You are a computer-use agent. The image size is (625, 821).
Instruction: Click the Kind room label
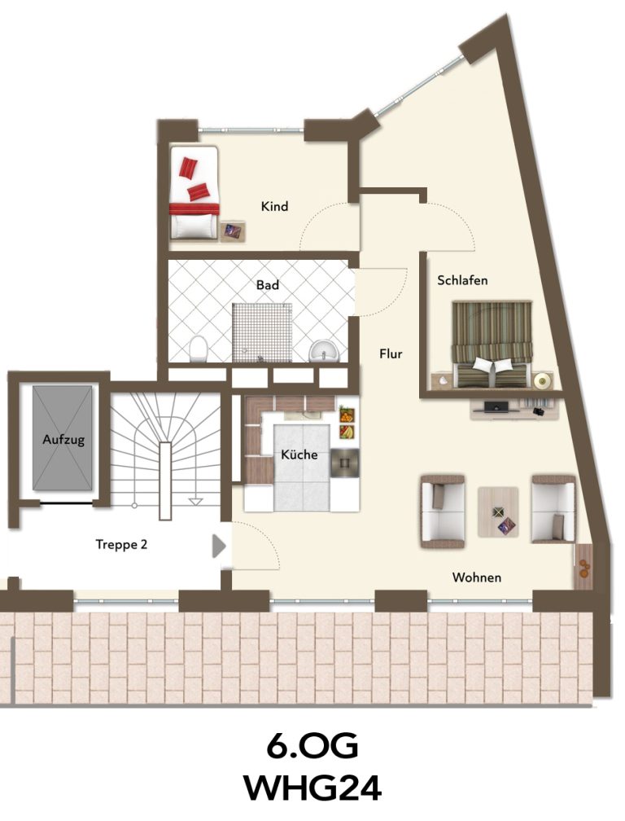(274, 206)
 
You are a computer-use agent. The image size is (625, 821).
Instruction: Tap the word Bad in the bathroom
(267, 285)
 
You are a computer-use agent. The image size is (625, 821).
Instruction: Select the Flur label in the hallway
(391, 354)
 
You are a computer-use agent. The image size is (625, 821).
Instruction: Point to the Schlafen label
(462, 280)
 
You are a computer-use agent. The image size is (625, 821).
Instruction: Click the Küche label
(299, 454)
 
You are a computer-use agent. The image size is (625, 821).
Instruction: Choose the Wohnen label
(476, 577)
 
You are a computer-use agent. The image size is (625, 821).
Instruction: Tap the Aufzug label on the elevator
(63, 440)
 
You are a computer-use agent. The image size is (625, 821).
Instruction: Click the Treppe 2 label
(121, 545)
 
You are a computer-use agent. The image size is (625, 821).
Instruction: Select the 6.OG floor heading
(312, 746)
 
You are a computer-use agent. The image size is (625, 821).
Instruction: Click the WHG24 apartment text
(312, 788)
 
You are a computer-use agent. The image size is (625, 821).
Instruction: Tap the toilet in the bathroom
(199, 349)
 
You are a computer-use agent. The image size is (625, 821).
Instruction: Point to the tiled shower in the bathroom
(261, 332)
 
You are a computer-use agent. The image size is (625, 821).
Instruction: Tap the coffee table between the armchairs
(498, 511)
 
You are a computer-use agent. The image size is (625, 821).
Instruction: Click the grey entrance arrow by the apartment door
(219, 546)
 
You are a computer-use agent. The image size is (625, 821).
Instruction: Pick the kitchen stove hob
(345, 463)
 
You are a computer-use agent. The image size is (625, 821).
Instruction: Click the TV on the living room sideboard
(496, 406)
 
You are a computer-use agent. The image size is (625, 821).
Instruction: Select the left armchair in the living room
(443, 511)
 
